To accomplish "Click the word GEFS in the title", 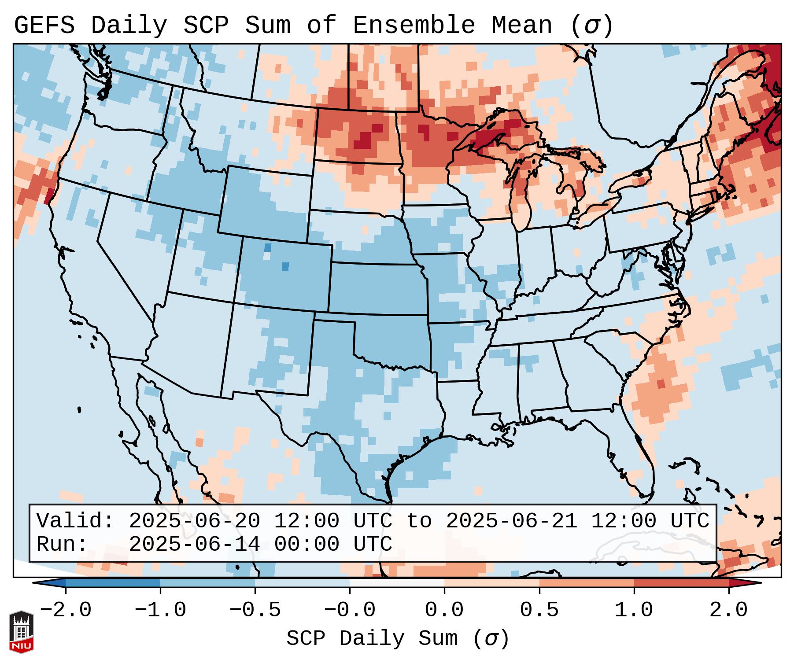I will click(44, 26).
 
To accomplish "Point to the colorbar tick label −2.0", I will click(66, 610).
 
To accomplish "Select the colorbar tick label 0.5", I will click(539, 610).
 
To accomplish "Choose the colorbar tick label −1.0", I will click(160, 610).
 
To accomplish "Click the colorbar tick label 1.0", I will click(634, 610).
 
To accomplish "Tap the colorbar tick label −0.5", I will click(255, 610).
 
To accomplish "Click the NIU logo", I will click(21, 631).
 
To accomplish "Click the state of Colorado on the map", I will click(284, 273).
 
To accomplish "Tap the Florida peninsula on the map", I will click(639, 467).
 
